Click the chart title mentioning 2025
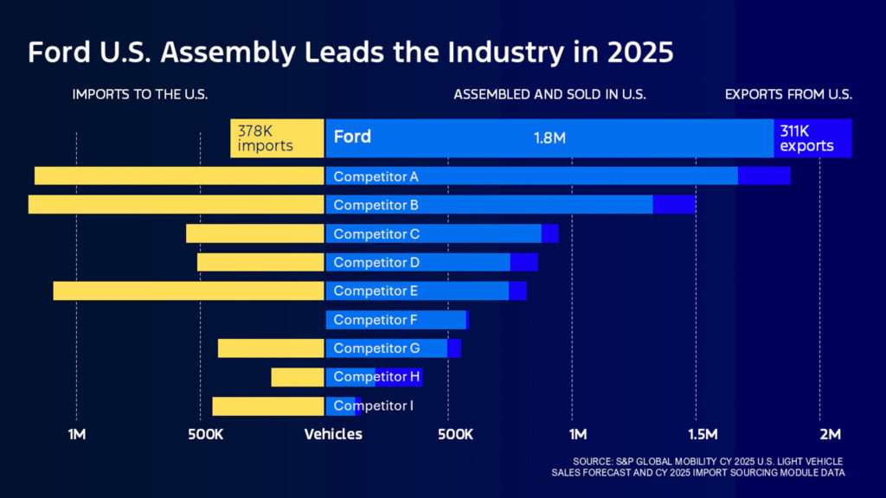point(350,53)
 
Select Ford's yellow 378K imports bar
point(277,138)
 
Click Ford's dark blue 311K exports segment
point(812,138)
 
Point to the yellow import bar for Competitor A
point(179,176)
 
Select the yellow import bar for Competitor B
point(176,205)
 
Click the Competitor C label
point(376,233)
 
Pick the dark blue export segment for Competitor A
point(763,176)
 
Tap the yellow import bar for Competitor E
point(189,290)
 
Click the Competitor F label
point(376,320)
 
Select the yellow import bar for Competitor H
point(297,377)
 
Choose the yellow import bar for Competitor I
point(268,405)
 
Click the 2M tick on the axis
point(830,434)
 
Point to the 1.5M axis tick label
point(703,434)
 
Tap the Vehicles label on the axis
point(333,434)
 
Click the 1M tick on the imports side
point(77,434)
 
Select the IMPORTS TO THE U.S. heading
point(140,94)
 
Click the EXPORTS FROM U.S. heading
point(788,94)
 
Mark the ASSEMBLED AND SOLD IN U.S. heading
point(549,94)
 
